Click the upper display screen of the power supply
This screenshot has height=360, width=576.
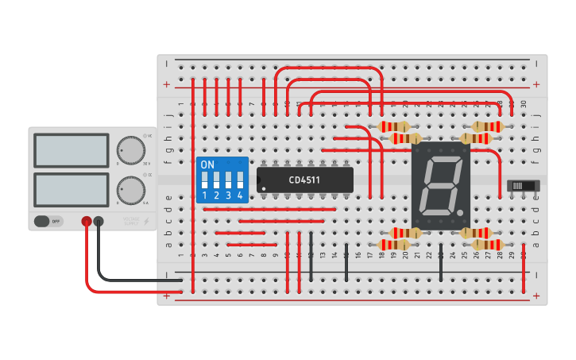[71, 150]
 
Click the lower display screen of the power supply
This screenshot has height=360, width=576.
[71, 189]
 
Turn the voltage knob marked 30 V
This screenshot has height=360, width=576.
[130, 149]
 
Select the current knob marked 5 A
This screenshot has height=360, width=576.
[130, 190]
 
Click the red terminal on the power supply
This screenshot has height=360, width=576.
[87, 222]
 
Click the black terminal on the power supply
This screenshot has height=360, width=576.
[99, 222]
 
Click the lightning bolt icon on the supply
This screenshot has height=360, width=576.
[145, 222]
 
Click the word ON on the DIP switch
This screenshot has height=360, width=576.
[207, 165]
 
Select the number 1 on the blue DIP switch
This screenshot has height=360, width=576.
[204, 195]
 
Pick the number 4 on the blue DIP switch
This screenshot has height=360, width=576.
[240, 195]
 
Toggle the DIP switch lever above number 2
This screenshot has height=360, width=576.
[216, 180]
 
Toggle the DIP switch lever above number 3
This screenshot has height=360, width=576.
[228, 180]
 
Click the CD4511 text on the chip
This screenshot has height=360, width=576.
[304, 180]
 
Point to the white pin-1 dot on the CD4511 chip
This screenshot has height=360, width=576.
[264, 188]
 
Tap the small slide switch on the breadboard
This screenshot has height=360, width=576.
[523, 186]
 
